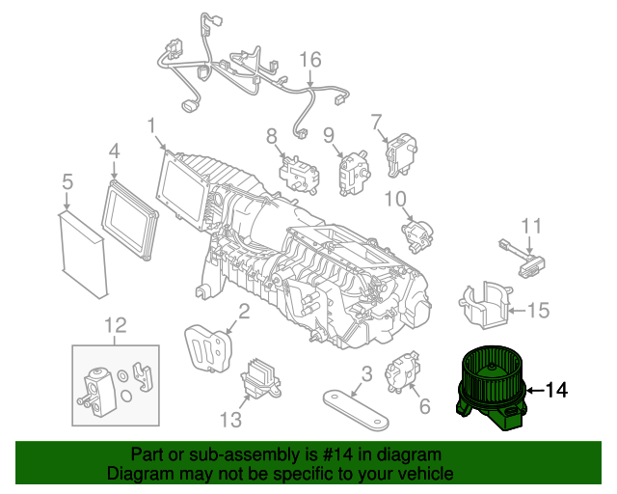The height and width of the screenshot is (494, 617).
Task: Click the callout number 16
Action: point(309,60)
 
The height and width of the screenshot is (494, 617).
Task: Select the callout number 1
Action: point(151,124)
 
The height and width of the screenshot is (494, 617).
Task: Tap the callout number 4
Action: point(114,151)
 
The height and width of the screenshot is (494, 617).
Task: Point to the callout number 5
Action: point(67,180)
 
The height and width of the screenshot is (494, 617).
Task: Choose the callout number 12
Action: point(115,325)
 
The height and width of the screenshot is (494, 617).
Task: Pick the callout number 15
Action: point(539,311)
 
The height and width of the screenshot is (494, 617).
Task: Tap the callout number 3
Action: point(366,373)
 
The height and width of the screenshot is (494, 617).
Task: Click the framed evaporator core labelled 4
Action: point(132,217)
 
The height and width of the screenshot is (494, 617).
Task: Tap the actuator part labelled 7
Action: point(397,153)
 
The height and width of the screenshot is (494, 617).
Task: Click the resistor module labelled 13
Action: point(261,376)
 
